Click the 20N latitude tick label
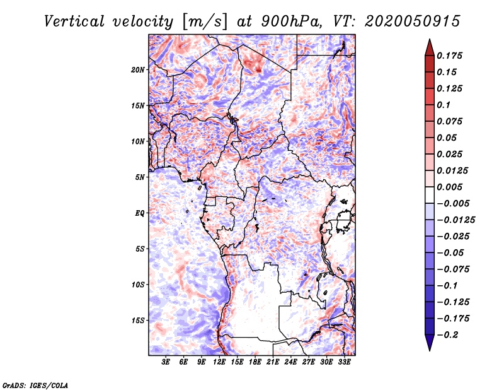pos(138,70)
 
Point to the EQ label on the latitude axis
pos(139,213)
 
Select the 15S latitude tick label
pos(138,321)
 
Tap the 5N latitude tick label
pos(140,177)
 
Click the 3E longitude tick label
pos(166,362)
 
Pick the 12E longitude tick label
pos(219,362)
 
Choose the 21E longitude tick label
pos(273,362)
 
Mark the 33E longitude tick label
pos(344,362)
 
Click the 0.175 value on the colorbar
pos(449,56)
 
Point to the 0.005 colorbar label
pos(449,187)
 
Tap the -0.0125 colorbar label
pos(455,220)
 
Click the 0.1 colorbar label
pos(444,105)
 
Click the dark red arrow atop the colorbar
pos(430,47)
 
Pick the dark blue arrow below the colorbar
pos(430,343)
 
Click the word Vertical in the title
pos(74,21)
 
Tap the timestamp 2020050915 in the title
pos(413,21)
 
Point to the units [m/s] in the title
pos(205,21)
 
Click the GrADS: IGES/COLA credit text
pos(35,385)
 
